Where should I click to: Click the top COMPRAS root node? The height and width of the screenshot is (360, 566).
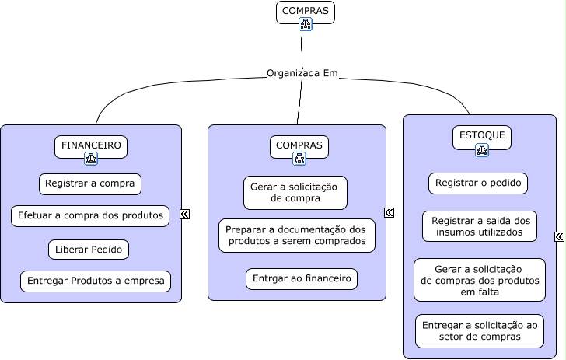[305, 12]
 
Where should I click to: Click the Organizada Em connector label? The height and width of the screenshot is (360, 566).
[302, 74]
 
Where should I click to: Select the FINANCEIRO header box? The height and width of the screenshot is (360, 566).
[91, 145]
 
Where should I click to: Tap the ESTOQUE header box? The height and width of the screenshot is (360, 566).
[482, 136]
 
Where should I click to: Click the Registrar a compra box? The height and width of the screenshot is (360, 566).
[90, 184]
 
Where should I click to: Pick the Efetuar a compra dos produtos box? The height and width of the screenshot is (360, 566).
[90, 215]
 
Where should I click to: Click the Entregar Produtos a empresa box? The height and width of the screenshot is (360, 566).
[96, 281]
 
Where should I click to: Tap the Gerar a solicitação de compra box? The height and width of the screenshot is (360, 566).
[295, 192]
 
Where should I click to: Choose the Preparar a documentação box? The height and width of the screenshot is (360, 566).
[297, 236]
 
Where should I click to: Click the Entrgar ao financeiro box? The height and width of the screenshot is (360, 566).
[302, 279]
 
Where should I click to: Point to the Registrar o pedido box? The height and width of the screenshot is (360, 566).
[478, 183]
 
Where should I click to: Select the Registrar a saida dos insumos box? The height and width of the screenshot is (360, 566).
[480, 226]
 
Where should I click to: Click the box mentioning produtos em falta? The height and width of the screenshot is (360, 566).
[480, 280]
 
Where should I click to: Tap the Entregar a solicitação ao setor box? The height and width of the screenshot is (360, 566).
[480, 330]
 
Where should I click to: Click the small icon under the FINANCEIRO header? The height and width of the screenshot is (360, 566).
[91, 159]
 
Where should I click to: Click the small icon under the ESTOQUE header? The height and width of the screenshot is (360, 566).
[482, 150]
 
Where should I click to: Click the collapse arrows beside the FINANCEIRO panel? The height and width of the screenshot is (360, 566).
[185, 214]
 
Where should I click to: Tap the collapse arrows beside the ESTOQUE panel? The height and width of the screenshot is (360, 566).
[560, 237]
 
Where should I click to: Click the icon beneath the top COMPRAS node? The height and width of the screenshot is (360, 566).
[306, 25]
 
